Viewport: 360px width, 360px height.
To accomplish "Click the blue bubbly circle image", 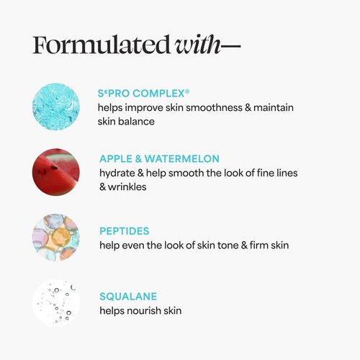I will pos(56,106).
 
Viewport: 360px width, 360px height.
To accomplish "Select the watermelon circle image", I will pos(56,172).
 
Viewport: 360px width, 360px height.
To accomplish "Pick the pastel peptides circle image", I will pos(56,237).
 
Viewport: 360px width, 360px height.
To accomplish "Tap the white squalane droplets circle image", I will pos(56,303).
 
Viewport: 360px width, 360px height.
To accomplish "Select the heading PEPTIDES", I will pos(125,231).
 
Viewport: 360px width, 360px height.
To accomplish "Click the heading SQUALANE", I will pos(128,296).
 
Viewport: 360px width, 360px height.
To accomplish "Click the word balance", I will pos(139,122).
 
